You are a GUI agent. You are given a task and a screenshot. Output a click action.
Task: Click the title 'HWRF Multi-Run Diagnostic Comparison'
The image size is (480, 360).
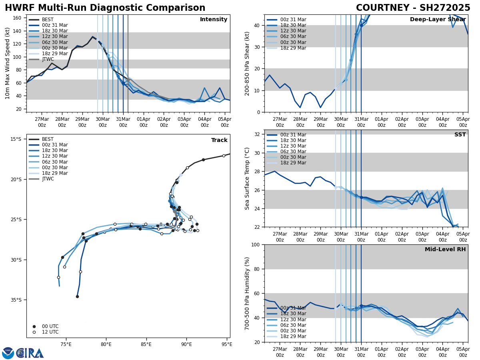pos(105,8)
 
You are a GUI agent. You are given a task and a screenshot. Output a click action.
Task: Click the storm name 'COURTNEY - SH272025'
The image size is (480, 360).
pos(413,8)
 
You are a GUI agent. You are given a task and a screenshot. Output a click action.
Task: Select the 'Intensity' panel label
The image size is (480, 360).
pos(214,20)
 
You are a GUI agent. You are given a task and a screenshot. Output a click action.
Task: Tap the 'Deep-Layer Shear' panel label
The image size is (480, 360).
pos(438,20)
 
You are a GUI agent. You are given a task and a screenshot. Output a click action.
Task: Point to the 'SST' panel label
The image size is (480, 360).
pos(460,135)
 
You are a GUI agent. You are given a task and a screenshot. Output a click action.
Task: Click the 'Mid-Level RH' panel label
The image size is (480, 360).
pos(445,250)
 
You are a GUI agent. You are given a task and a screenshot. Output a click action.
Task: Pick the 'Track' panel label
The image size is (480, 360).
pos(219,140)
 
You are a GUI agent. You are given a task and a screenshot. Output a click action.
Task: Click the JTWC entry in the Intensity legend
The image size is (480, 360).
pos(48,59)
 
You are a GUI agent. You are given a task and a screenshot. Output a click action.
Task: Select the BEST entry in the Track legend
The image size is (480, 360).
pos(48,139)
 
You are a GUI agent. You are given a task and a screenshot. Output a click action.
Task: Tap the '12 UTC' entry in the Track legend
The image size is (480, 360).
pos(50,332)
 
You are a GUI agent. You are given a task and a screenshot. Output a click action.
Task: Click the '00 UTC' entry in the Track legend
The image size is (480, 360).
pos(50,326)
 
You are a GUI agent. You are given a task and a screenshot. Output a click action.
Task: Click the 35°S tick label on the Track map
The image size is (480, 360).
pos(16,300)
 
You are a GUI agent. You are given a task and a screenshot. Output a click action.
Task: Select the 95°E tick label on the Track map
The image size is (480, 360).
pos(227,344)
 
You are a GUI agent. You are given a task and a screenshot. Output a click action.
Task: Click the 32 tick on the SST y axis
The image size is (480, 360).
pos(257,134)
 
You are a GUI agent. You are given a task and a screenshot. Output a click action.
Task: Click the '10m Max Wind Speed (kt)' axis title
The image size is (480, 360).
pos(8,63)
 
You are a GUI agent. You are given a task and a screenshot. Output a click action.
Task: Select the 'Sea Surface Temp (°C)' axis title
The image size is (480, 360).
pos(247,178)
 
